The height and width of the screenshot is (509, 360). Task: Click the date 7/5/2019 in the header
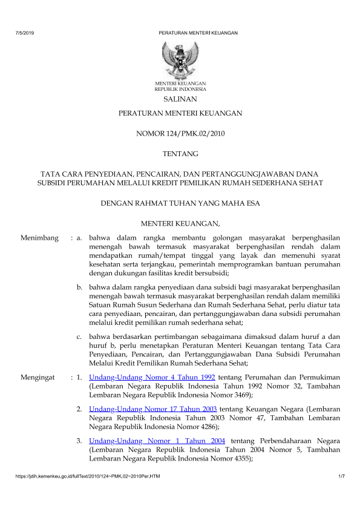(x=25, y=33)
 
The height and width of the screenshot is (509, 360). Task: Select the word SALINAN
(x=180, y=99)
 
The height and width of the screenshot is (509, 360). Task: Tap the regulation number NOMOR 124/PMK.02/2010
(x=180, y=134)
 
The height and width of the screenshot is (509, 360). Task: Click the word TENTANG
(x=180, y=154)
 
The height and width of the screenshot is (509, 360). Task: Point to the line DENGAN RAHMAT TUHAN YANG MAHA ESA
(x=180, y=203)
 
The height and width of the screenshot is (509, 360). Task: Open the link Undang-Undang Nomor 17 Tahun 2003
(x=153, y=409)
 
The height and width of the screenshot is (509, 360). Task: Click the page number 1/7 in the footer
(x=341, y=479)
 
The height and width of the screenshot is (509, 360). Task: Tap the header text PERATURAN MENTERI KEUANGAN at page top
(x=198, y=33)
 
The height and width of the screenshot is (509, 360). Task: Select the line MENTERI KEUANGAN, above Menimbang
(x=180, y=225)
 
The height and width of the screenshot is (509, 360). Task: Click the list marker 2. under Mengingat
(x=80, y=409)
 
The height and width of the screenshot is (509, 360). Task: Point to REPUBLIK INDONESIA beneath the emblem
(x=180, y=88)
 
